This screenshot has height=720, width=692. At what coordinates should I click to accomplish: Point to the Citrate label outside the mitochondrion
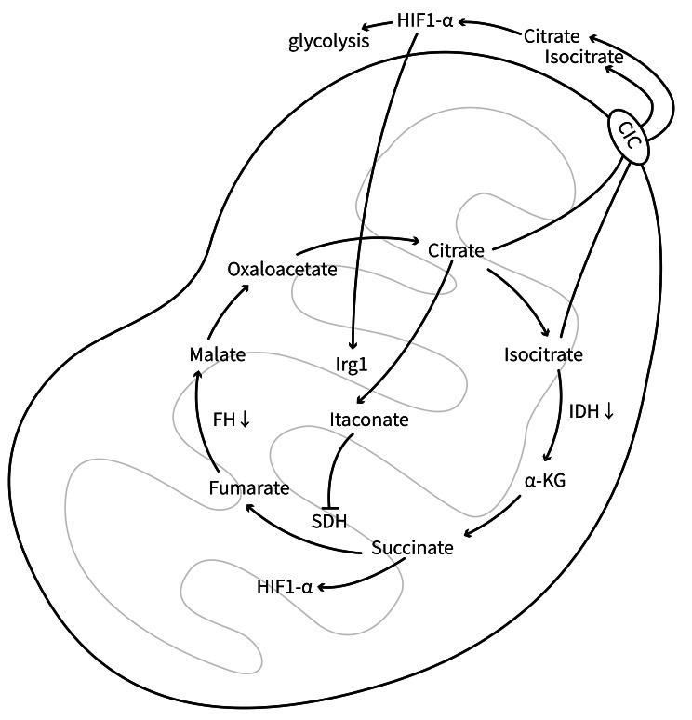click(552, 36)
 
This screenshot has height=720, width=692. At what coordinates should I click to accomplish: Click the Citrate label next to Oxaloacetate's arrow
click(456, 251)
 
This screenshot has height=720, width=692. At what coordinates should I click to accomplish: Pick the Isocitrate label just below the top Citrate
click(584, 56)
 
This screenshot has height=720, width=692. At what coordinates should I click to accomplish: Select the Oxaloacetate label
click(281, 270)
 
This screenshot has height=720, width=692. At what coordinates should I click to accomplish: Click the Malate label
click(216, 354)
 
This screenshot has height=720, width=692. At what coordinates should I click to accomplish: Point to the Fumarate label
click(249, 487)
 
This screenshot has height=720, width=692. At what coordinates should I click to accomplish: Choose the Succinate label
click(412, 547)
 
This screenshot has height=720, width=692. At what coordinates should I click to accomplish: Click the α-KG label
click(546, 482)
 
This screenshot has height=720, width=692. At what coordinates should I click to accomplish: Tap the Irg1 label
click(352, 356)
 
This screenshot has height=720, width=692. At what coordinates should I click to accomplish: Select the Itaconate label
click(369, 420)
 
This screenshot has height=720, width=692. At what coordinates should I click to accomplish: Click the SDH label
click(329, 521)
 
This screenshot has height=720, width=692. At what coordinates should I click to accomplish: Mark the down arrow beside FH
click(245, 420)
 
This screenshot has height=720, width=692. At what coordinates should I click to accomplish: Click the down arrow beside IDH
click(608, 410)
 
